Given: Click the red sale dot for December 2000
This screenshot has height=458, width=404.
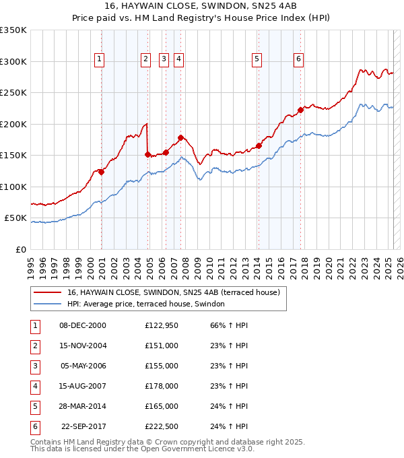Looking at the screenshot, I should [102, 172].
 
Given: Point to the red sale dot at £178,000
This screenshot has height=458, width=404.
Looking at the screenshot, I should [180, 137].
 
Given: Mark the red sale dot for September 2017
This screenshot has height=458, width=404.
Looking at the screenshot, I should [301, 110].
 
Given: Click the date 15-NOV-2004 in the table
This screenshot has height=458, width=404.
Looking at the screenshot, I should [83, 346].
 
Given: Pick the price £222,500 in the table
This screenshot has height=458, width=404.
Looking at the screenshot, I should [161, 426].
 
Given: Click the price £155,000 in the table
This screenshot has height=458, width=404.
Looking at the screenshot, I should [161, 366].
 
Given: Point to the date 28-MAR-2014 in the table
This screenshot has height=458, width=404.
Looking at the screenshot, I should [83, 406].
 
